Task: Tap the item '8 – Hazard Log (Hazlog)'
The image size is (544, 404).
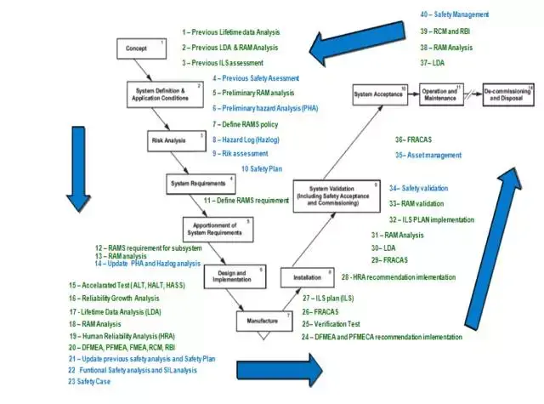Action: click(246, 139)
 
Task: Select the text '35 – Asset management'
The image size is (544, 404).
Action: click(428, 156)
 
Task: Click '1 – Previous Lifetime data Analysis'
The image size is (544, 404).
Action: click(229, 31)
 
